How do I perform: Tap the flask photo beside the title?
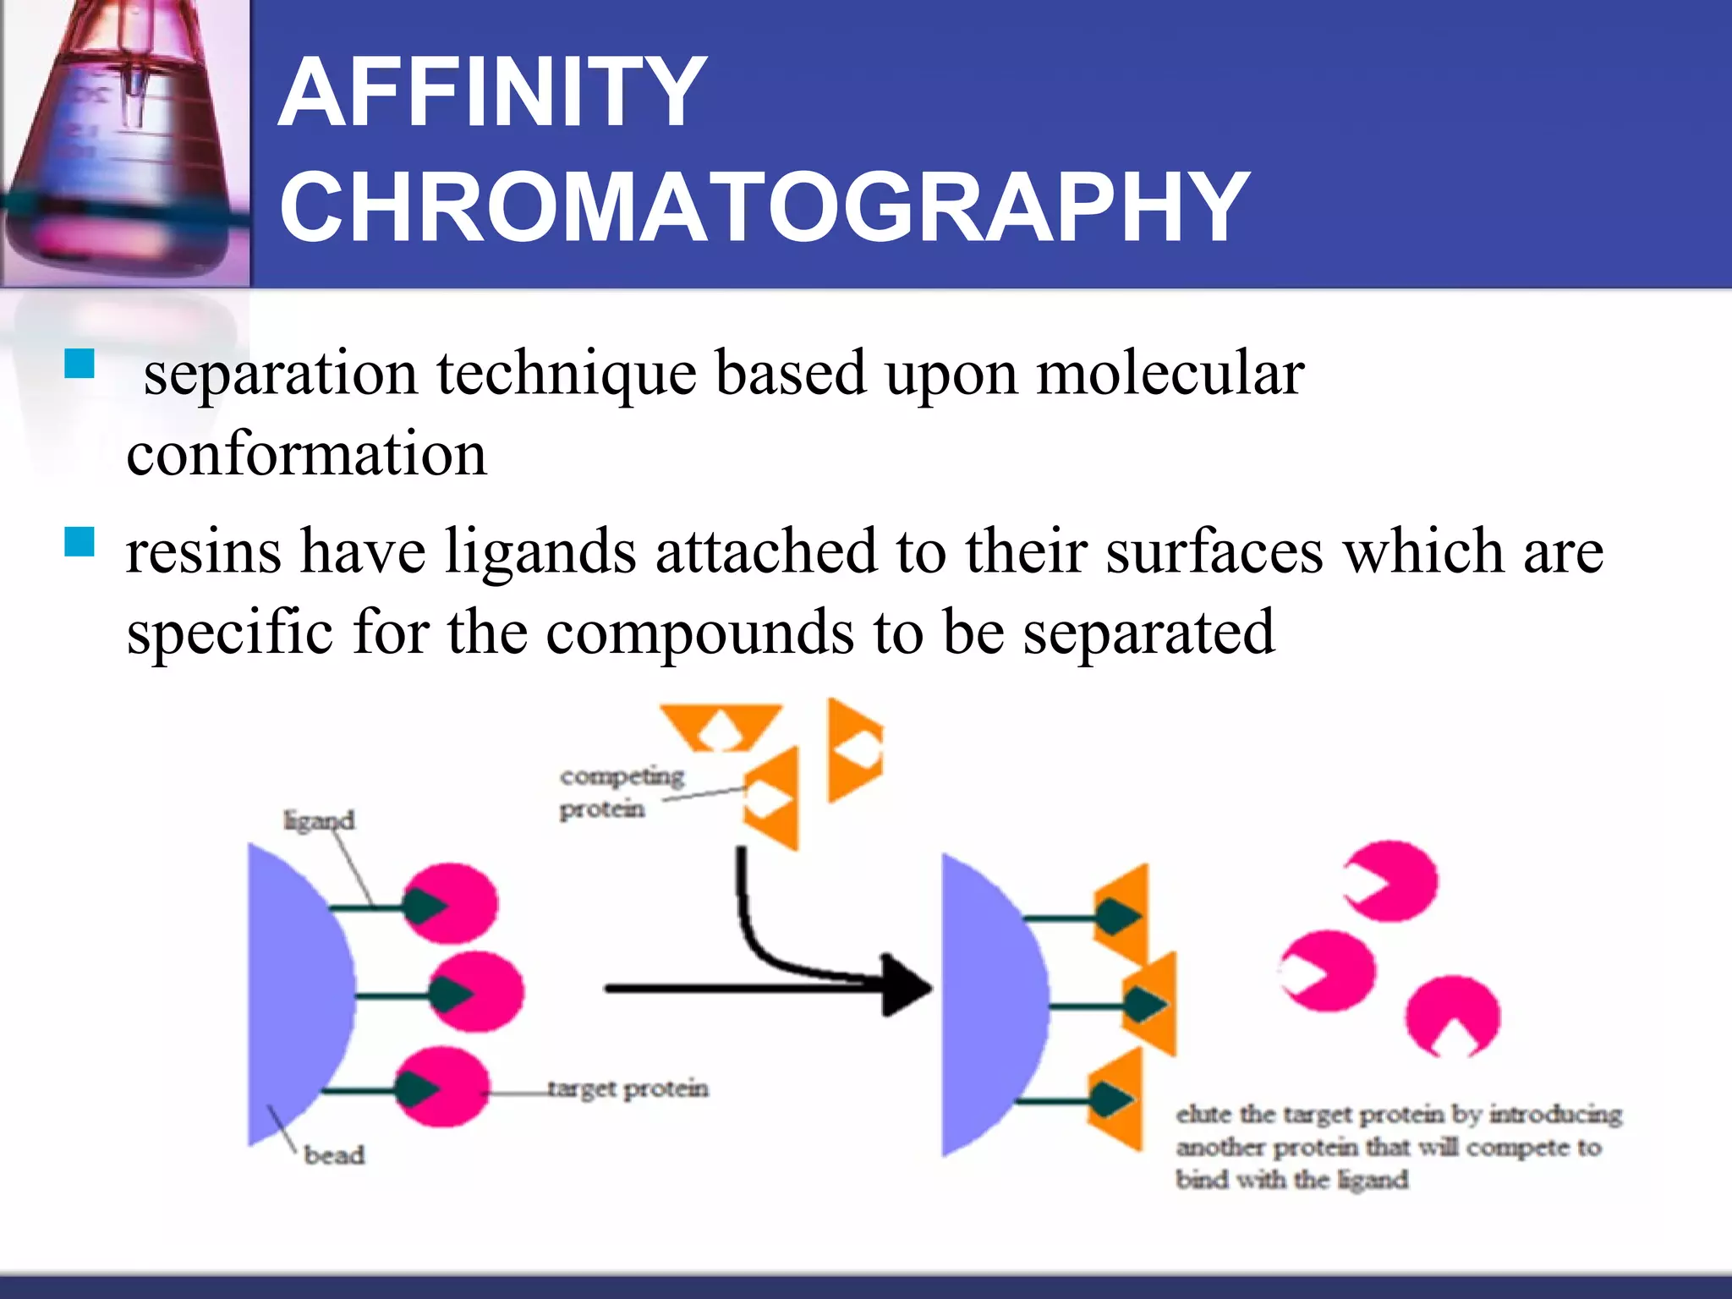coord(125,142)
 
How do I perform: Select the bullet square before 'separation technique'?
coord(79,364)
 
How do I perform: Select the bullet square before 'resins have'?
coord(79,542)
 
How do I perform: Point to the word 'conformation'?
coord(307,454)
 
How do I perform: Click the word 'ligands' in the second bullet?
coord(541,551)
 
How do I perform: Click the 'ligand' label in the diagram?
coord(319,820)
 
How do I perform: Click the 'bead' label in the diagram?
coord(334,1154)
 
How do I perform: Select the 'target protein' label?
coord(628,1088)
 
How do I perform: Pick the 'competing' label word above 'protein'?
coord(622,776)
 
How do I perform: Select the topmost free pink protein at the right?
coord(1394,880)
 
